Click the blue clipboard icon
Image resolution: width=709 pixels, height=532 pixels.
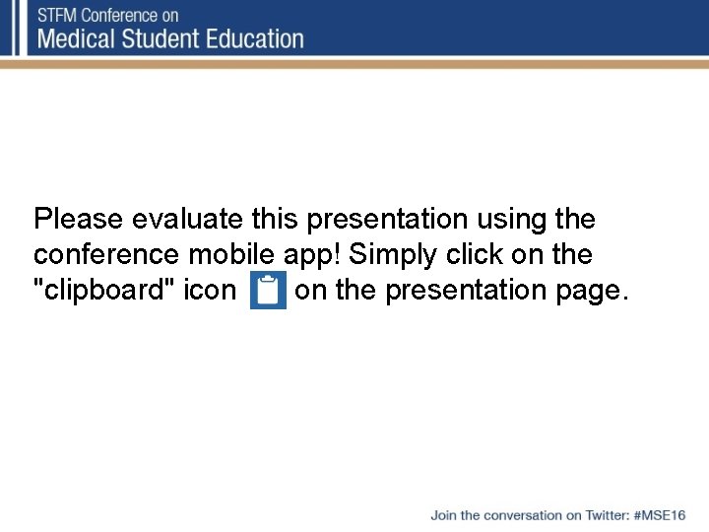click(x=267, y=292)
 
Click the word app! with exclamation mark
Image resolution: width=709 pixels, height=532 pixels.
click(x=312, y=255)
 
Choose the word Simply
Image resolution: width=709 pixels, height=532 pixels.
click(x=395, y=255)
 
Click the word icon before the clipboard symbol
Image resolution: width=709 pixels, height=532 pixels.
click(x=210, y=292)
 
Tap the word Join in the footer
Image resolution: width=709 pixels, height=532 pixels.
click(x=443, y=515)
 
